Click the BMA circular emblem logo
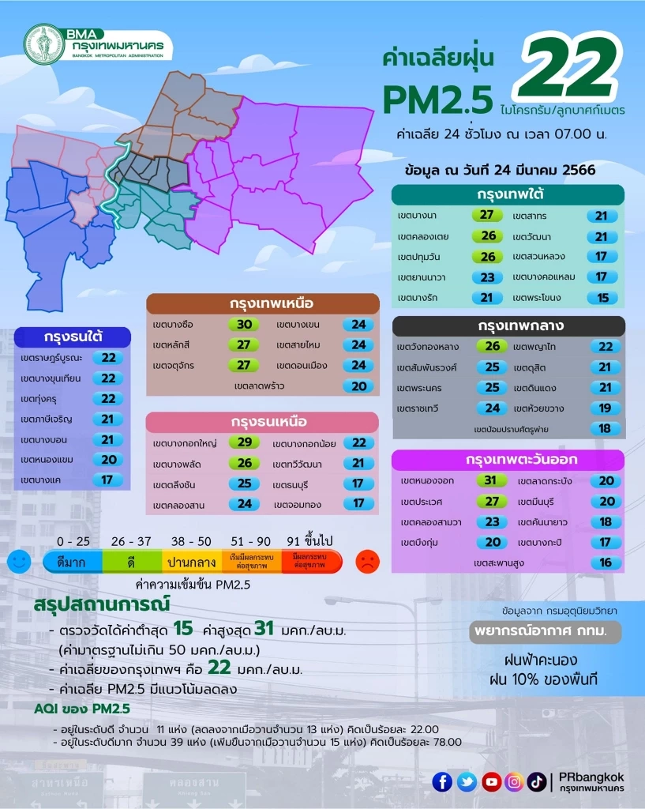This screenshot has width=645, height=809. coord(44,43)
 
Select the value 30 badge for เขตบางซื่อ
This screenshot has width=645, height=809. coord(243,325)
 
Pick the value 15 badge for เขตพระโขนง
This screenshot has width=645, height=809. coord(602,298)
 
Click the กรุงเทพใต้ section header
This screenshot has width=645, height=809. coord(508,194)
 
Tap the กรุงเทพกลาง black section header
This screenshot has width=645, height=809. coord(508,325)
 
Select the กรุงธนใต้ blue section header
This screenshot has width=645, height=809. coord(71,337)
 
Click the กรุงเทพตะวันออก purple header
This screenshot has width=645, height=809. coord(508,460)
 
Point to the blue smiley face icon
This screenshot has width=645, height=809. coord(19,562)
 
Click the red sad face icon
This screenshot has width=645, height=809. coord(367,562)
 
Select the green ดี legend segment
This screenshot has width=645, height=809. coord(131,562)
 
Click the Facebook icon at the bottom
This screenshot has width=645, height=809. coord(442,782)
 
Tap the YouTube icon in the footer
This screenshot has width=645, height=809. coord(490,782)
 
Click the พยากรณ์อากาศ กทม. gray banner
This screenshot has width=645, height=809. coord(544,632)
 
